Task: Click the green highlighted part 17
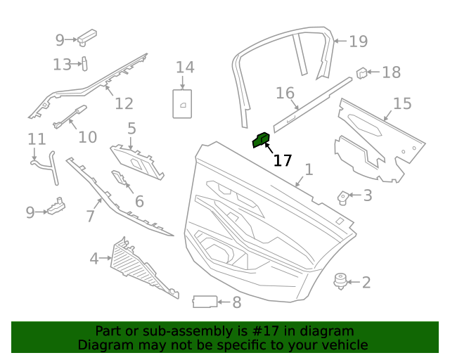[261, 141]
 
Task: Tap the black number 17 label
[282, 161]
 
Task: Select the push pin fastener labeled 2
[341, 281]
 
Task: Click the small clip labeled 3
[345, 197]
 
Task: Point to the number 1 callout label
[308, 169]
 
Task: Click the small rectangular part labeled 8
[204, 302]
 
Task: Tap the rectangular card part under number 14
[182, 103]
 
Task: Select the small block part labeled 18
[362, 72]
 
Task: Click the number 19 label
[358, 41]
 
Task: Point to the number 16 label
[285, 93]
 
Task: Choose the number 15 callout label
[401, 104]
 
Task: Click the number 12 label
[124, 104]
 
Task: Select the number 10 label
[87, 136]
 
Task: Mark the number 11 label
[36, 140]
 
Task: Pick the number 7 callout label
[90, 216]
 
